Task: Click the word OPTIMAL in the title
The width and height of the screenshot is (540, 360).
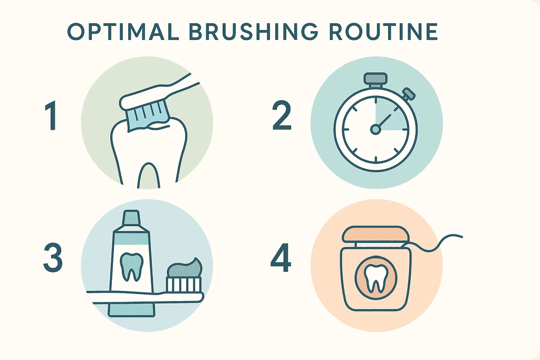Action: tap(123, 32)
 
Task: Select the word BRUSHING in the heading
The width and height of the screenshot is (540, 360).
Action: tap(254, 32)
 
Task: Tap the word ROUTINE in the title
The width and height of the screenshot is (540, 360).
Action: tap(383, 32)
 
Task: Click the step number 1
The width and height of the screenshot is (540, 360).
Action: tap(52, 116)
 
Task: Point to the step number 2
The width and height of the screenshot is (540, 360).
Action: tap(282, 116)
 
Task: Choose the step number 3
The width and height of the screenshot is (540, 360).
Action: tap(53, 258)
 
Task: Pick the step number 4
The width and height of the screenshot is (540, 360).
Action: tap(281, 258)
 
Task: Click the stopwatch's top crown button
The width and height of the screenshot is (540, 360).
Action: tap(375, 79)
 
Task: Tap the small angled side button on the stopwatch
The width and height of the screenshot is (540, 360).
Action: tap(409, 93)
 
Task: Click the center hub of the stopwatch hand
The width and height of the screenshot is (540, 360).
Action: tap(375, 130)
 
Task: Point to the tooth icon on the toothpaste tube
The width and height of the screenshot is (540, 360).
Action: tap(131, 266)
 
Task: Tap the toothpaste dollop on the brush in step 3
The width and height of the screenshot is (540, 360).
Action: tap(185, 267)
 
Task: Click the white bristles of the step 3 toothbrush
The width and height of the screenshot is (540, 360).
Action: tap(184, 284)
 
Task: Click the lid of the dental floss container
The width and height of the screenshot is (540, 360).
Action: tap(375, 235)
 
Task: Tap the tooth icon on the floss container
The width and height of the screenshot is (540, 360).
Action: tap(375, 279)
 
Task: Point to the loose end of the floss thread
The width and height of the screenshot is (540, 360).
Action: tap(462, 237)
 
